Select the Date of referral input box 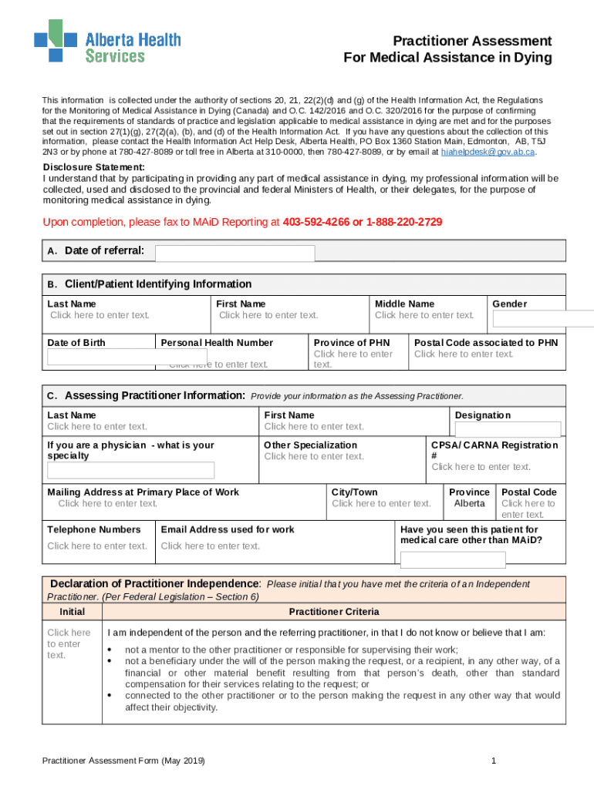click(x=235, y=253)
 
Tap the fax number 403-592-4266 click(x=316, y=223)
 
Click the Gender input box click(x=542, y=319)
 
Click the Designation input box click(x=507, y=430)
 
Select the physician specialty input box click(x=130, y=470)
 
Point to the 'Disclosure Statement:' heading click(x=93, y=168)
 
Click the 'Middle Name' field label click(x=404, y=304)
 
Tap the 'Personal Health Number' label click(x=217, y=343)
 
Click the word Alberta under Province click(x=469, y=504)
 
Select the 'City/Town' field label click(x=354, y=492)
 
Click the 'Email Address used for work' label click(x=228, y=530)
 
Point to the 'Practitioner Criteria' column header click(x=334, y=612)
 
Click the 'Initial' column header click(x=73, y=612)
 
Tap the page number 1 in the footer click(x=492, y=761)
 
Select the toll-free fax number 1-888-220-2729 click(x=404, y=223)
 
